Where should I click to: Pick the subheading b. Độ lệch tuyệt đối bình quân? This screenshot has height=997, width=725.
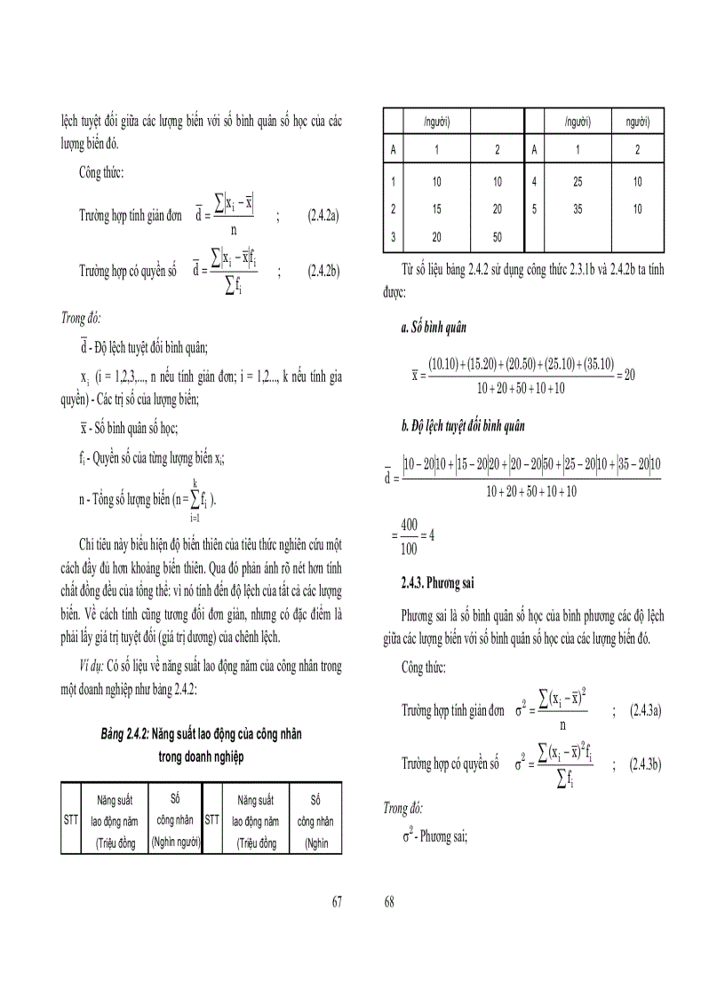(x=462, y=426)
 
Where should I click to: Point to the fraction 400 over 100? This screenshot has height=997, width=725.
(x=410, y=535)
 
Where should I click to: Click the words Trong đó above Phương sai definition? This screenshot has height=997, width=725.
(x=403, y=809)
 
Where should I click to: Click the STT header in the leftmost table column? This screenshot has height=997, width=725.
(x=71, y=820)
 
